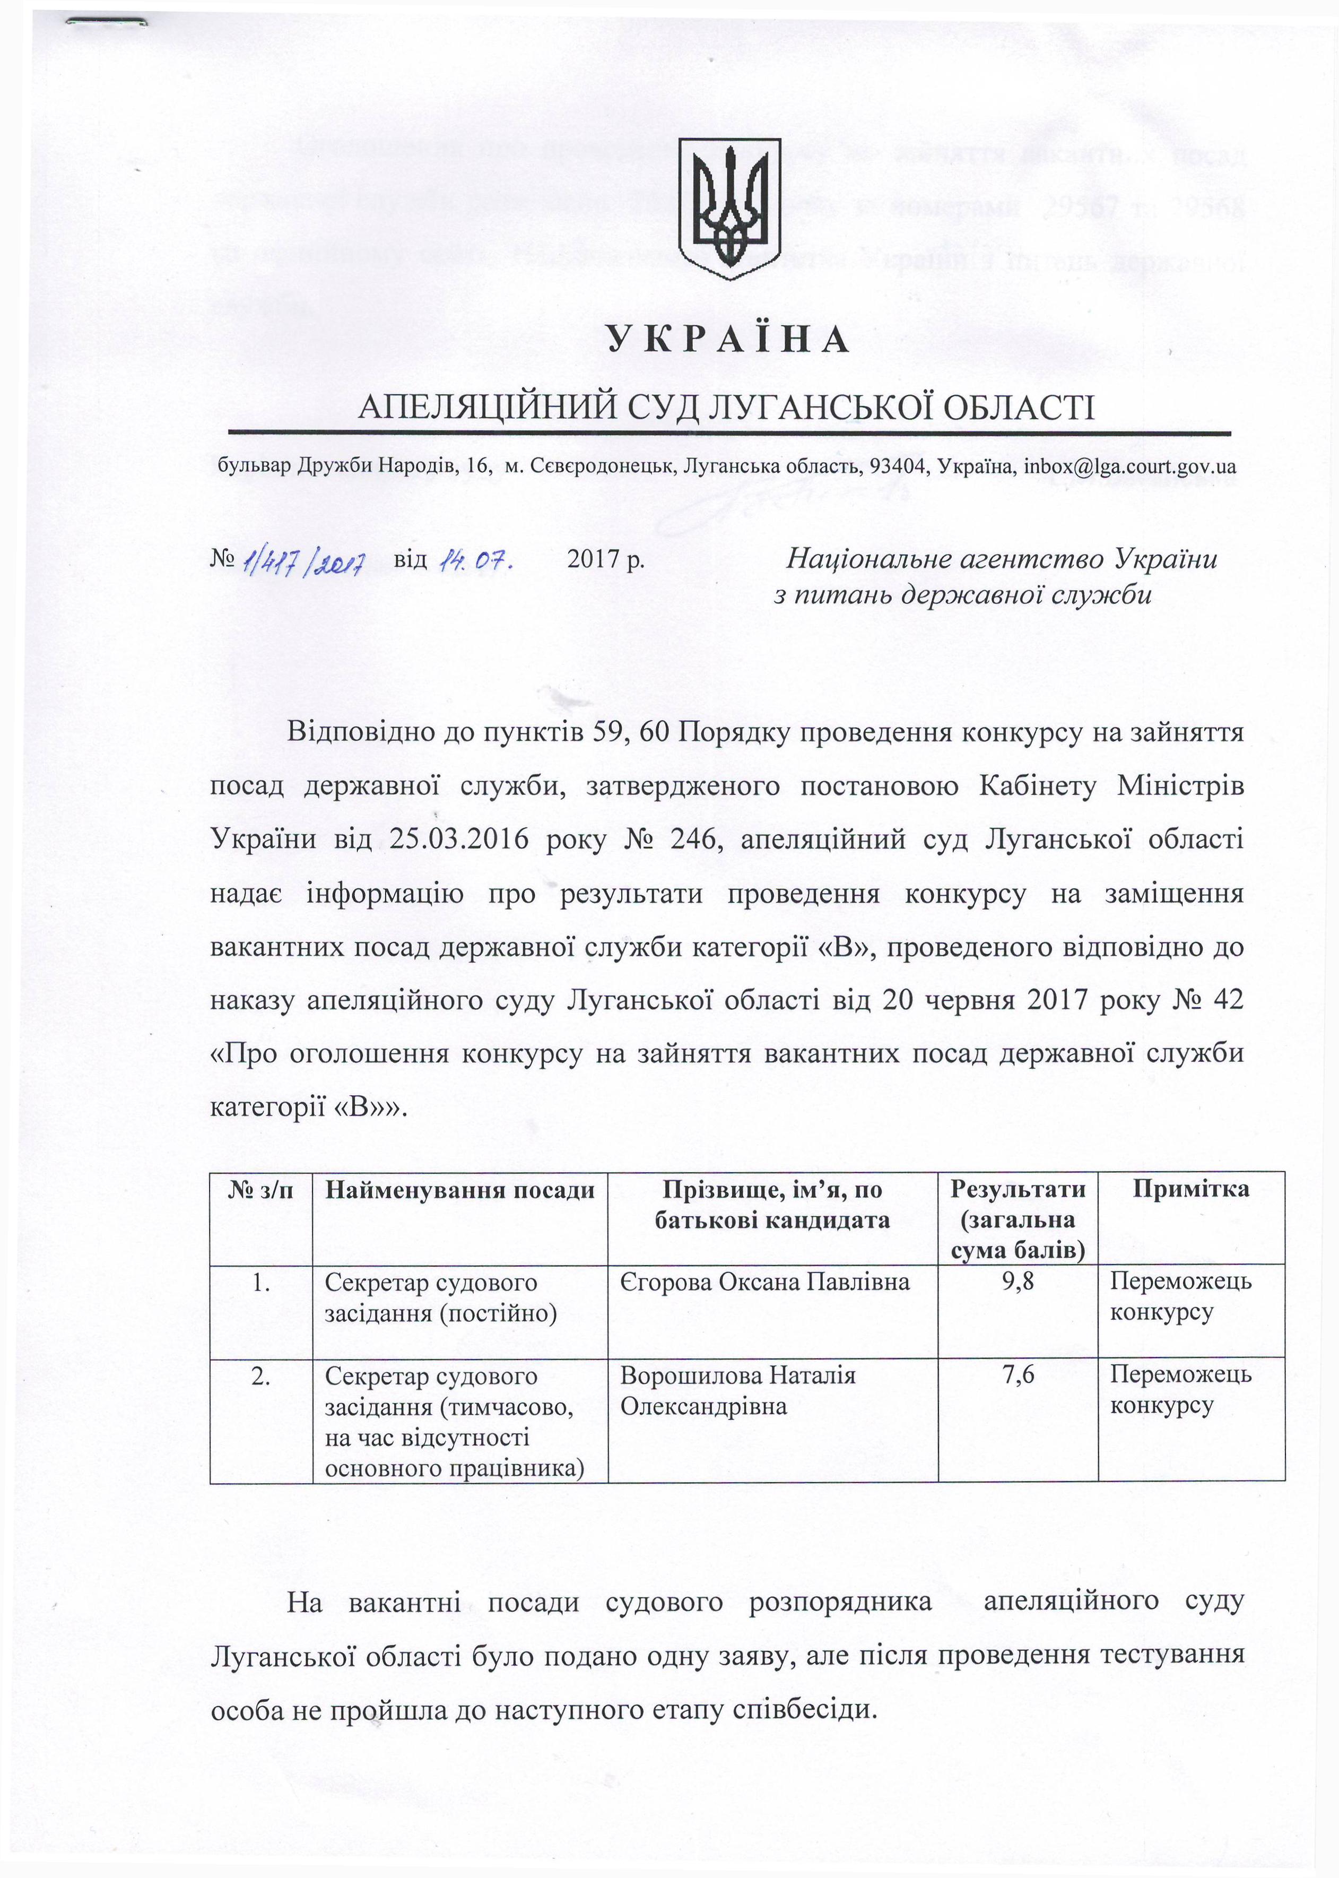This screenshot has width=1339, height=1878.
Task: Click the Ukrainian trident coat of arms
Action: [x=728, y=209]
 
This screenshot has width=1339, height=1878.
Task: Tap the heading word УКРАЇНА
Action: [x=728, y=339]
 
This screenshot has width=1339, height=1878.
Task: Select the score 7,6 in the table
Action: [x=1018, y=1375]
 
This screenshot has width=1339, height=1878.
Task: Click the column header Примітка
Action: [x=1190, y=1189]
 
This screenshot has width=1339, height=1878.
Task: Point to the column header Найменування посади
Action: [x=459, y=1189]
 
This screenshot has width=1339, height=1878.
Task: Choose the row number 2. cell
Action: [x=260, y=1375]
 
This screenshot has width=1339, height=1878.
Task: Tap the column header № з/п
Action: [x=260, y=1189]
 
